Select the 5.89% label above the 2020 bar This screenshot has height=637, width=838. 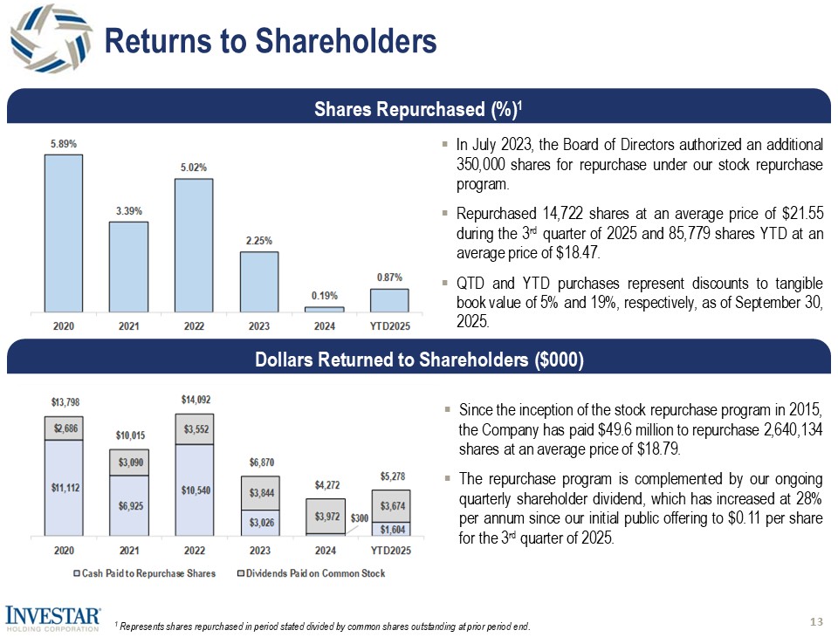pos(62,144)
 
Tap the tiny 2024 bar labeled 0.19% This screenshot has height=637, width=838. pos(324,309)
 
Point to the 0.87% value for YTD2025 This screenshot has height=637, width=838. pos(389,277)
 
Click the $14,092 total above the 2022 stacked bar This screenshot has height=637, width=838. pos(193,399)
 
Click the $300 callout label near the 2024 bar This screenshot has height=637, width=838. pos(359,518)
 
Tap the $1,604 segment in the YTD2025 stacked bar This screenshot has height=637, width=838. pos(389,528)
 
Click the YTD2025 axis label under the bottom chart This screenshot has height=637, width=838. pos(389,551)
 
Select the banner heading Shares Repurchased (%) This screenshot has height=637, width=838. pos(417,109)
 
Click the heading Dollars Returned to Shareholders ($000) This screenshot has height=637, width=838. pos(418,360)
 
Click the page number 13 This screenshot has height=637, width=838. pos(817,621)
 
